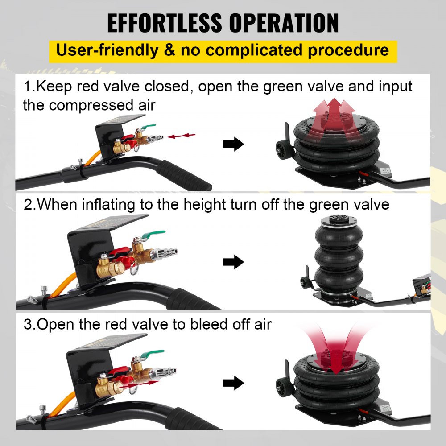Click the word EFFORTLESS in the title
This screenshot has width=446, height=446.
click(x=165, y=23)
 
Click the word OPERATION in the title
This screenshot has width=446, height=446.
click(x=284, y=23)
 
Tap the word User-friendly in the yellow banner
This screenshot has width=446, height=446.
click(x=107, y=50)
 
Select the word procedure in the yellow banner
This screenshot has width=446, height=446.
click(x=348, y=51)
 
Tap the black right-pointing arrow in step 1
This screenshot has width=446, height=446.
click(x=233, y=144)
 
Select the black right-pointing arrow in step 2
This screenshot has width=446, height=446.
click(x=233, y=262)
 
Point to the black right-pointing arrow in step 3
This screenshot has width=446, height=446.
click(x=233, y=383)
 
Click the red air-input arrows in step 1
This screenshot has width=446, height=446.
click(x=182, y=136)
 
